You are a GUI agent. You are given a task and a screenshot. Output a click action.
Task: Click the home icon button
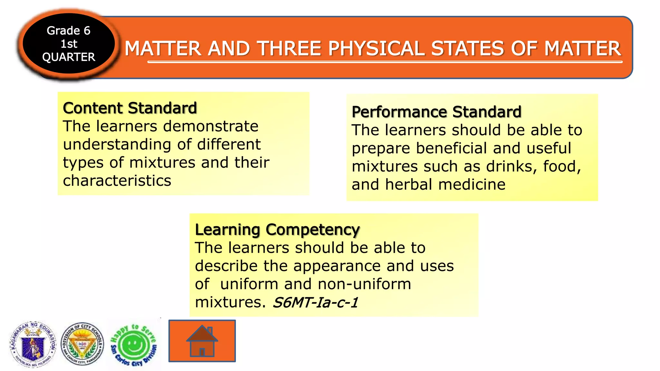[x=202, y=341]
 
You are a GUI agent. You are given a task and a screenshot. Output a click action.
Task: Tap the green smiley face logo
[x=133, y=345]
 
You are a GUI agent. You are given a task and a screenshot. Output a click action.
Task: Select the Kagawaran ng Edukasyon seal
[x=33, y=345]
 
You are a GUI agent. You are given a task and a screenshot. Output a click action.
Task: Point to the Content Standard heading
[x=130, y=108]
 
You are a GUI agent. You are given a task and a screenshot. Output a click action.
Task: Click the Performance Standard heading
[x=436, y=112]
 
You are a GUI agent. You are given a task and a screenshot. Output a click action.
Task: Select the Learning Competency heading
[x=277, y=230]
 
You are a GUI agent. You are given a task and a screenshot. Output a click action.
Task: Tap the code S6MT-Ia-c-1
[x=315, y=302]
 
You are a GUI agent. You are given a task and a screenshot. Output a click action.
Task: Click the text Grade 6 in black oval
[x=68, y=31]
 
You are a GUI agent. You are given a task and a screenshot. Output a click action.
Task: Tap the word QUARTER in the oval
[x=69, y=57]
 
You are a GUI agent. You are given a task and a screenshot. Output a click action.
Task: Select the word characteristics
[x=117, y=181]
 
